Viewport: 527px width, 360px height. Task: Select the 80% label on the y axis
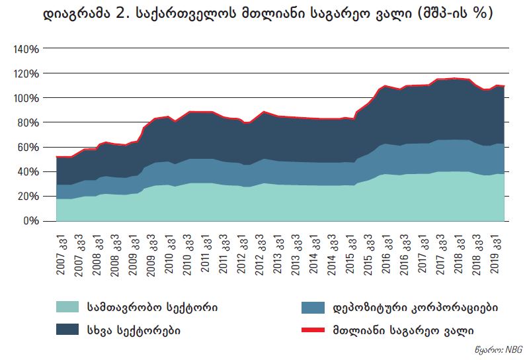coord(29,122)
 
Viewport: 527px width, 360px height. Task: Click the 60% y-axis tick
coord(29,147)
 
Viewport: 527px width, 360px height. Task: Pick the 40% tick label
coord(29,171)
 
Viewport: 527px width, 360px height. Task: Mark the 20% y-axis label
coord(29,196)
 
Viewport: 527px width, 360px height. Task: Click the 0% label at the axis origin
coord(32,220)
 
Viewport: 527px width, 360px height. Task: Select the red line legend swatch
coord(313,329)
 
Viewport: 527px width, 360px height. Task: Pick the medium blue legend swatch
coord(313,308)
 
